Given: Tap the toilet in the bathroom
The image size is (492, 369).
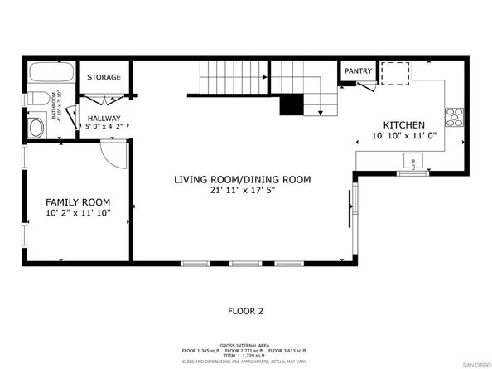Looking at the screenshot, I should click(x=36, y=104).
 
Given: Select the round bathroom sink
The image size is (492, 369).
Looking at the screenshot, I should click(x=36, y=127).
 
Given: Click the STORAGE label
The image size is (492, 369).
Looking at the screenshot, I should click(x=104, y=78).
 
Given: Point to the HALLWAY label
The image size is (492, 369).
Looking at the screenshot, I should click(x=104, y=119).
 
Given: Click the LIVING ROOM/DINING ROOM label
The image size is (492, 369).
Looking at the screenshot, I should click(x=242, y=179).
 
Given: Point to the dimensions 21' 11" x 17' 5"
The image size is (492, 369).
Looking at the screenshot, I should click(x=242, y=191).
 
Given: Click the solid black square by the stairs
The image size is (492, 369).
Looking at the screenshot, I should click(x=290, y=105).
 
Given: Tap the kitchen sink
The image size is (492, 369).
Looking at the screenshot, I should click(x=412, y=160).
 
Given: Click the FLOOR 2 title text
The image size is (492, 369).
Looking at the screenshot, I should click(x=245, y=311).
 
